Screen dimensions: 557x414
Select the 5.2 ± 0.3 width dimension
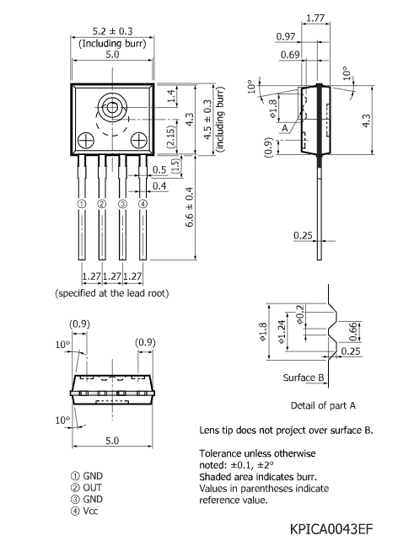(x=112, y=33)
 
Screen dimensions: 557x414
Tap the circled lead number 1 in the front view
(x=82, y=204)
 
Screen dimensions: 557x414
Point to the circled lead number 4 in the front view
(x=142, y=204)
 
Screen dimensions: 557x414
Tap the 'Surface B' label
(x=304, y=377)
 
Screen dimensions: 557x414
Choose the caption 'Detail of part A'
(x=323, y=405)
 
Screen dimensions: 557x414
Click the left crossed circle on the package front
(x=85, y=139)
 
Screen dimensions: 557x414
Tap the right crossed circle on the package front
(x=138, y=139)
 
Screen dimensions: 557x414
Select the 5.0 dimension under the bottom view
(x=112, y=440)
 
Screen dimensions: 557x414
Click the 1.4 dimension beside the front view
(x=171, y=101)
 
